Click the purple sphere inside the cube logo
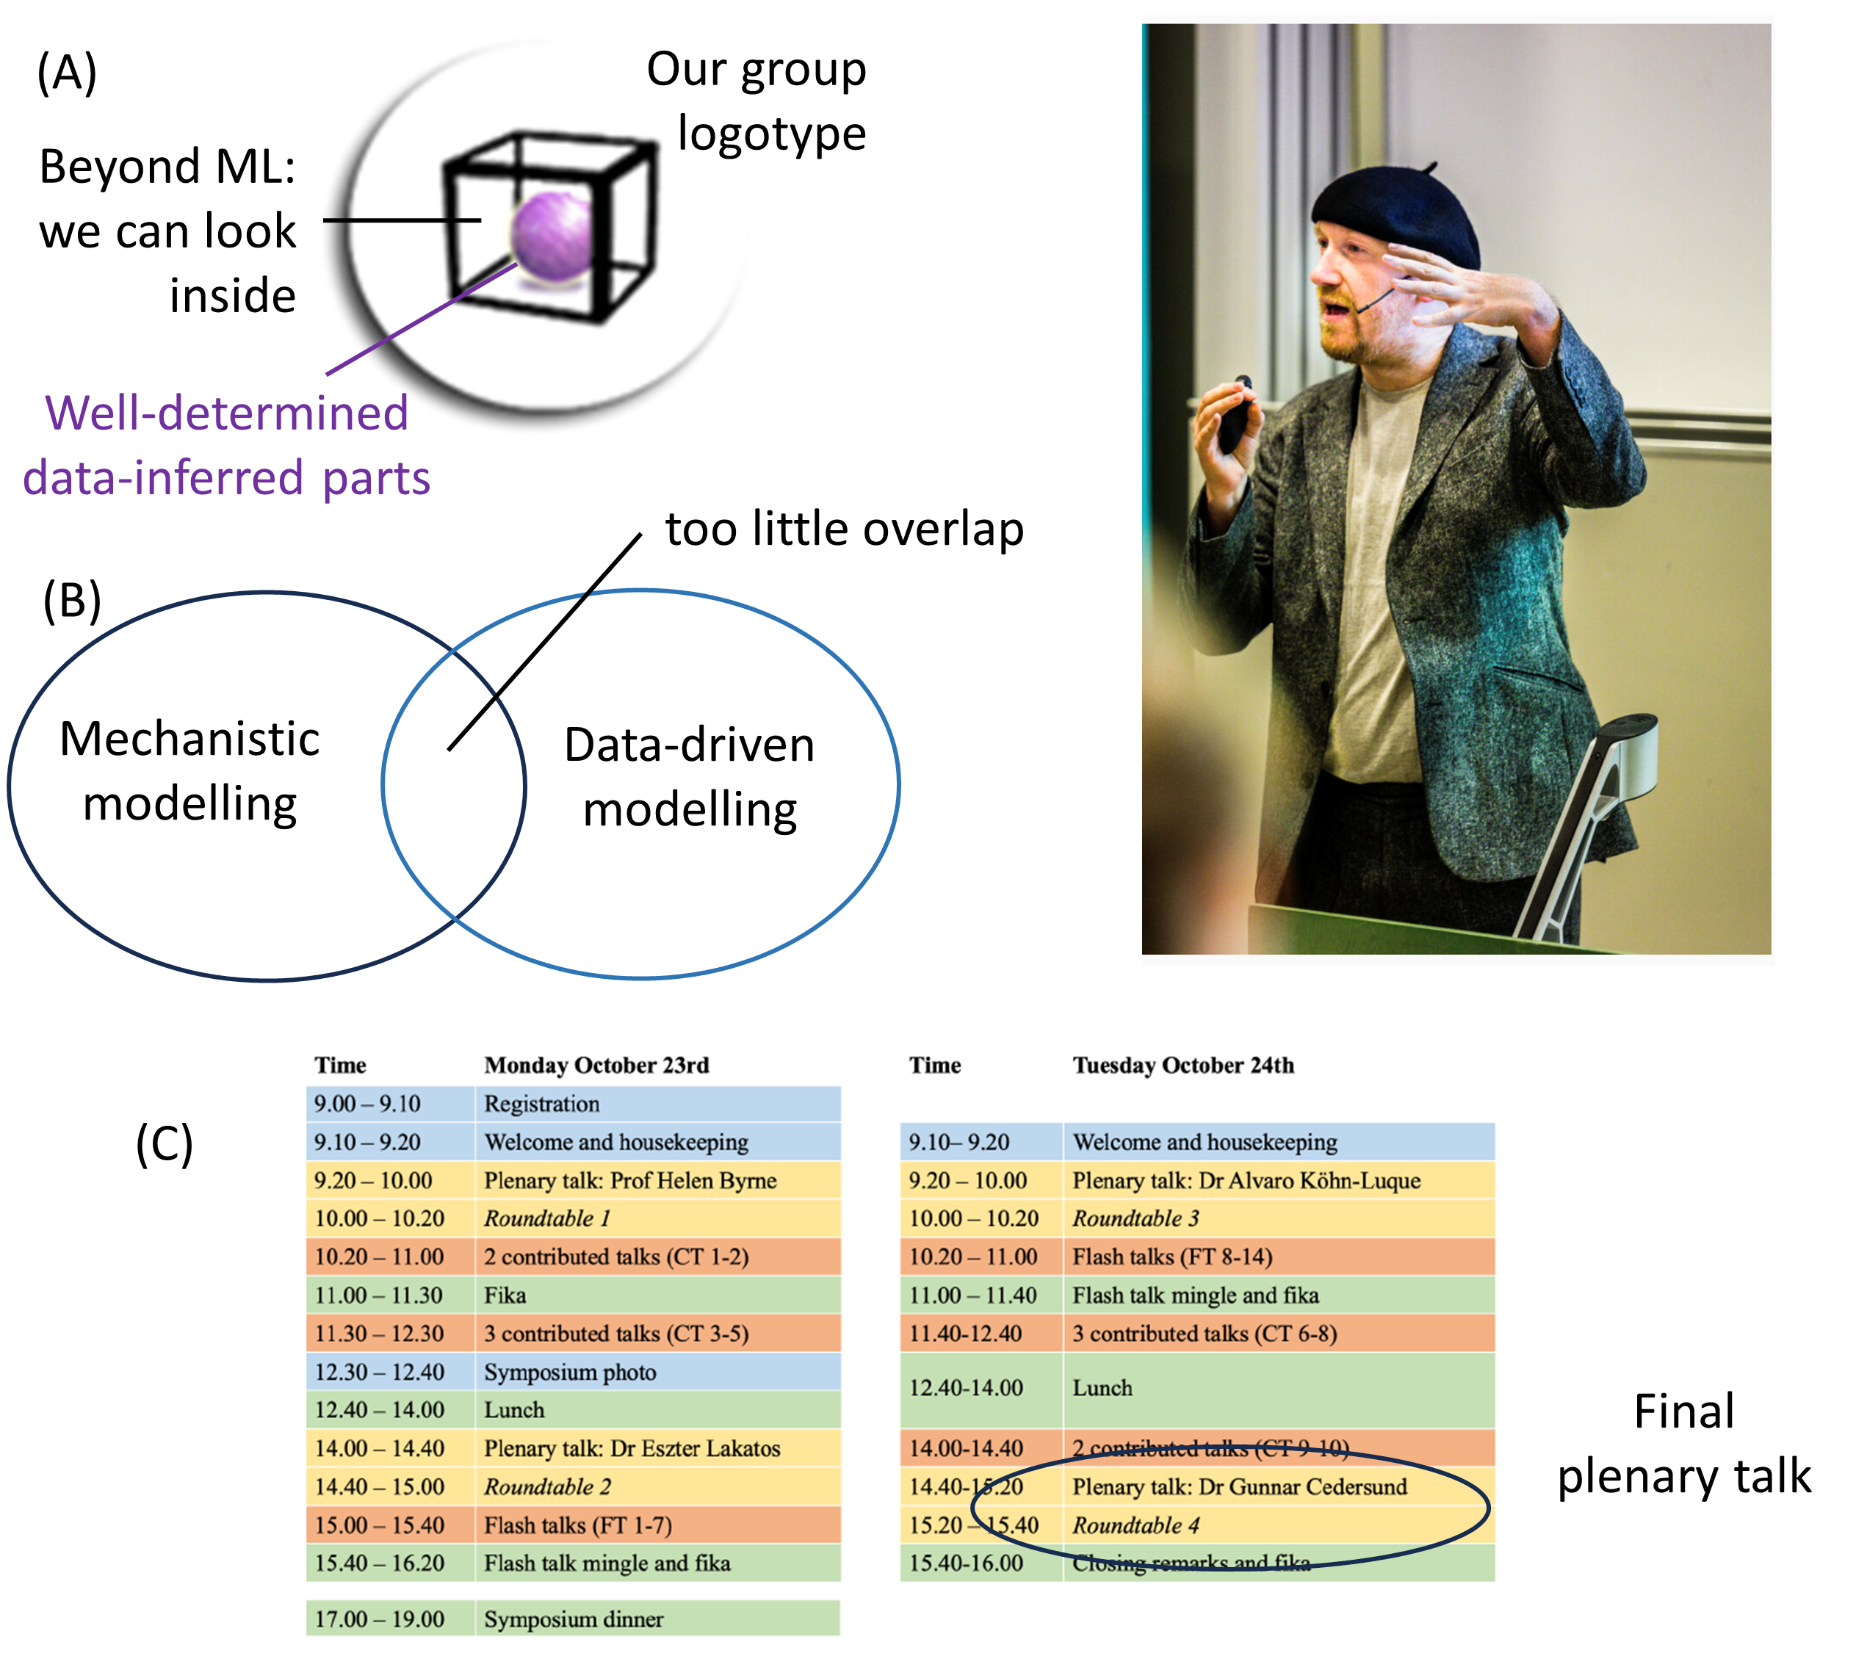tap(552, 236)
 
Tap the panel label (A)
tap(67, 73)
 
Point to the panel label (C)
tap(165, 1143)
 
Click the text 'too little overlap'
tap(844, 529)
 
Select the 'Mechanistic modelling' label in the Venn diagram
tap(189, 771)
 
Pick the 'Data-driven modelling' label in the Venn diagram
tap(689, 777)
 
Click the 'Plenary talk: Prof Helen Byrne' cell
tap(630, 1181)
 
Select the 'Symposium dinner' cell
tap(574, 1619)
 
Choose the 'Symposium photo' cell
tap(570, 1372)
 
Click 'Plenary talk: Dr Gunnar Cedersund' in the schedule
tap(1240, 1486)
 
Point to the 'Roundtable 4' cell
tap(1136, 1525)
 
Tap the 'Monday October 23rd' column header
tap(596, 1066)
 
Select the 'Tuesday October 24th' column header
tap(1183, 1066)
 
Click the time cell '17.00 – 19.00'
tap(379, 1619)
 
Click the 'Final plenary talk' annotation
tap(1684, 1444)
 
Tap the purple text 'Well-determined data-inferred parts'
tap(226, 446)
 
